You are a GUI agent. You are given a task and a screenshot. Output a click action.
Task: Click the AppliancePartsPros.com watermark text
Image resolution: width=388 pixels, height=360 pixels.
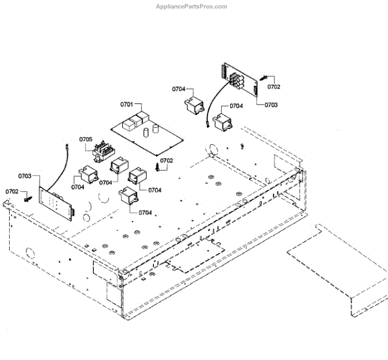191,6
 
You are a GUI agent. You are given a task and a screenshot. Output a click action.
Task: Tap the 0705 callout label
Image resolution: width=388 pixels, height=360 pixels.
86,139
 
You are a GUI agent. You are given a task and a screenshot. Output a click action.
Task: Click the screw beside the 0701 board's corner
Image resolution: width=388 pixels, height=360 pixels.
158,167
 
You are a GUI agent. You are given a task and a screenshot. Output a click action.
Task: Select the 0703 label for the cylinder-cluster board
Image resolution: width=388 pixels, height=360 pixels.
271,104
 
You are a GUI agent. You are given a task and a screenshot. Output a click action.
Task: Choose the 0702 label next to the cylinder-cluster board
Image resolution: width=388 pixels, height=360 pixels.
274,86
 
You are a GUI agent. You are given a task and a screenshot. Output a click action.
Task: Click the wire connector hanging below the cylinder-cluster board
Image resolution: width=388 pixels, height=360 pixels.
205,125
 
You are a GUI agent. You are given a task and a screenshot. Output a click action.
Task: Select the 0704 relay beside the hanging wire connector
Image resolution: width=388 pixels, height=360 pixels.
224,121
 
